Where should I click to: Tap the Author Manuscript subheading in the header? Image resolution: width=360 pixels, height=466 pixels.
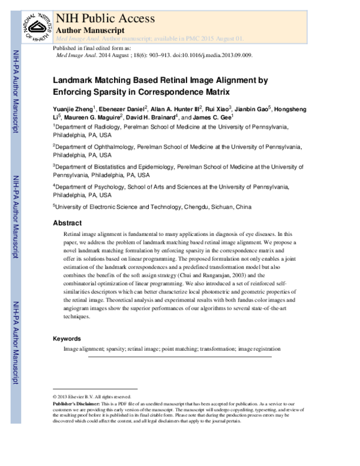89,29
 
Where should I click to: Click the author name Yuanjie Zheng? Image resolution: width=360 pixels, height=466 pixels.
73,109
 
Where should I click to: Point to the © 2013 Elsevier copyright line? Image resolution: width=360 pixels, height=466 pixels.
92,397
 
